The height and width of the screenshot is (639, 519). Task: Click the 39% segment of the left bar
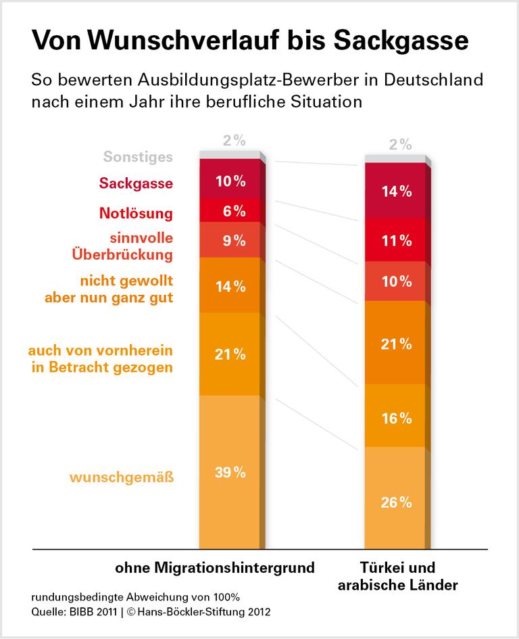[230, 472]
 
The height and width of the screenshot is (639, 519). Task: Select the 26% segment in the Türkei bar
[395, 502]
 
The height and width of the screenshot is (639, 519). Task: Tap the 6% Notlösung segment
[230, 210]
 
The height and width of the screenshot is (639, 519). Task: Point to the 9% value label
[230, 240]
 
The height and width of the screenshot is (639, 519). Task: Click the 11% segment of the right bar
[395, 240]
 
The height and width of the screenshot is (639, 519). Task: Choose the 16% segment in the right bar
[395, 417]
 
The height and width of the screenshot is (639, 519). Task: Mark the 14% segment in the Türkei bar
[395, 191]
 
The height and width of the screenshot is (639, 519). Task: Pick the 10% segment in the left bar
[230, 181]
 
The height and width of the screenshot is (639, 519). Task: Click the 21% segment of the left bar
[230, 354]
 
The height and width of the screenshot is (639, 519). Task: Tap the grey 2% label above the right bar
[401, 144]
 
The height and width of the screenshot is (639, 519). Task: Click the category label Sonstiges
[138, 157]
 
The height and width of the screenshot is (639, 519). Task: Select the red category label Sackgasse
[136, 184]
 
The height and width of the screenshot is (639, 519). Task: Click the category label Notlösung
[136, 214]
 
